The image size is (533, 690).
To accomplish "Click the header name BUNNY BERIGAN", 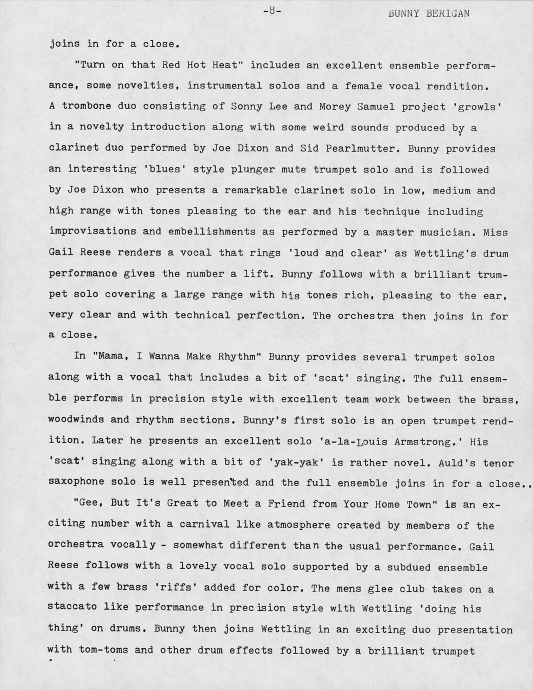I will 428,13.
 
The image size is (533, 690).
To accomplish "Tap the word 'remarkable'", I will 262,190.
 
